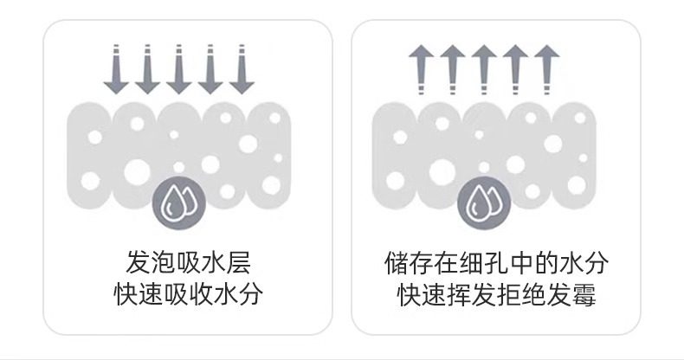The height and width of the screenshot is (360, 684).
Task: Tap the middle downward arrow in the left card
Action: [177, 69]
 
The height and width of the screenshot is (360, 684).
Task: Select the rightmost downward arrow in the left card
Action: [242, 69]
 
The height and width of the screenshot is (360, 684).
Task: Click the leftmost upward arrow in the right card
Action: [420, 69]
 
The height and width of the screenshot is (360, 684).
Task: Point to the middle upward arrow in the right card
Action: [482, 69]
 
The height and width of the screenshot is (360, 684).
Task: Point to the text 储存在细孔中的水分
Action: [496, 262]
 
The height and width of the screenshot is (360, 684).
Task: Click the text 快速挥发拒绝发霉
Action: [496, 294]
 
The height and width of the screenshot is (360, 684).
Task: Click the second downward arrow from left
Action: [145, 69]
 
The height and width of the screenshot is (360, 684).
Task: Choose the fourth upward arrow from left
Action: [513, 69]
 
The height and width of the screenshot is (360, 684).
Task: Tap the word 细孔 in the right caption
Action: [484, 262]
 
